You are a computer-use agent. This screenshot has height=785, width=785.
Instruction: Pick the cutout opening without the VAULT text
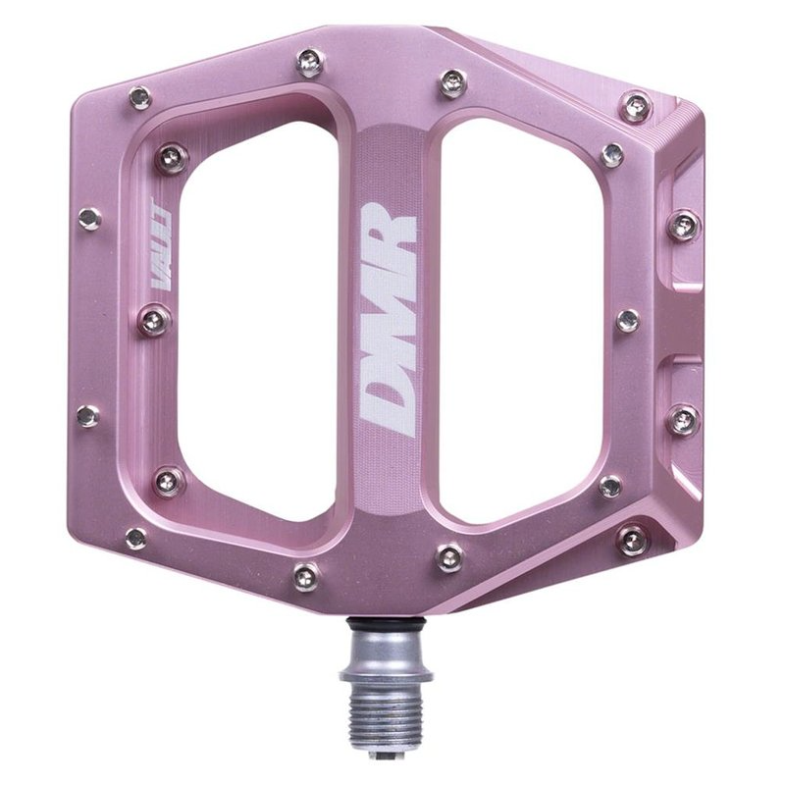point(520,314)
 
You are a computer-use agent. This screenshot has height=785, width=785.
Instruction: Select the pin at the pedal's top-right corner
point(636,101)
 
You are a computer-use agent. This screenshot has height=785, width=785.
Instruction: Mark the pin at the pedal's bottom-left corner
point(136,537)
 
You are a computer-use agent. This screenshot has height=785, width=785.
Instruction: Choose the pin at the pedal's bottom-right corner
point(633,537)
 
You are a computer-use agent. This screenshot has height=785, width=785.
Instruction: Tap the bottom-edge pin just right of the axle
point(452,556)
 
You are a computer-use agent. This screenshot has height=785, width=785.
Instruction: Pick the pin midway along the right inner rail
point(628,319)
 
